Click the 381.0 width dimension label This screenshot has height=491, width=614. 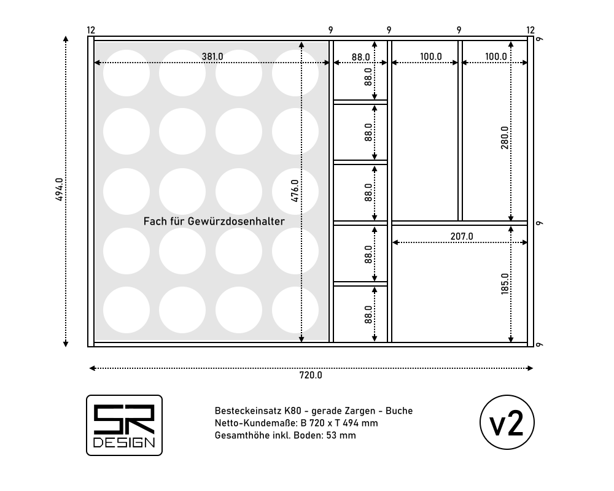tap(212, 57)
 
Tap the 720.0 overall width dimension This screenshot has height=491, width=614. tap(311, 375)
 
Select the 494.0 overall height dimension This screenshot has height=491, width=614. tap(60, 190)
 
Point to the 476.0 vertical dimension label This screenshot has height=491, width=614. tap(295, 191)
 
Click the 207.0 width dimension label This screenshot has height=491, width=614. tap(462, 236)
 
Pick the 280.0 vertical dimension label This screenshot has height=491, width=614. tap(504, 138)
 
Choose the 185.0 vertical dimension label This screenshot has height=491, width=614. tap(504, 284)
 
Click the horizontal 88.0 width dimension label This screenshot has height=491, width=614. tap(360, 57)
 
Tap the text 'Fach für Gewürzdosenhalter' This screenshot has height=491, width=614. tap(214, 221)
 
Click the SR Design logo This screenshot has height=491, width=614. tap(124, 425)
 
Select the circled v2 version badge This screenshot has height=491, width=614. tap(507, 422)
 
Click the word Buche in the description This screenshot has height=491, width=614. tap(399, 411)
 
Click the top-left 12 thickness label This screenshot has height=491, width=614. tap(91, 30)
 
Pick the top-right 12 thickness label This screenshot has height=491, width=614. tap(530, 30)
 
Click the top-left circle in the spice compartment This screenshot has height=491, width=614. tap(126, 73)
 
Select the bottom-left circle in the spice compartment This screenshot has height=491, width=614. tap(126, 310)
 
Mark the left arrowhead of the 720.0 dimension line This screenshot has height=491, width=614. tap(92, 368)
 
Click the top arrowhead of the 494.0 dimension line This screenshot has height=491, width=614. tap(66, 39)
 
